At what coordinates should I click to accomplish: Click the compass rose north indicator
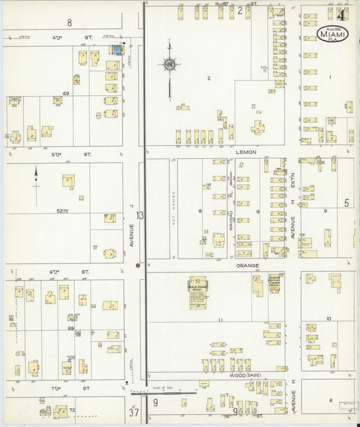coord(170,64)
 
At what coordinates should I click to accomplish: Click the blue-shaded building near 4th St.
coord(118,50)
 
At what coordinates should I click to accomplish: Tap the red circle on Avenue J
coord(138,266)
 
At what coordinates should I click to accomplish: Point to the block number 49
coord(66,93)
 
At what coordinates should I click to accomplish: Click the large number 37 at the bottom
coord(134,411)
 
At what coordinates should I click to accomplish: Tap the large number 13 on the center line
coord(140,216)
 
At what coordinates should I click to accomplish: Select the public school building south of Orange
coord(198,293)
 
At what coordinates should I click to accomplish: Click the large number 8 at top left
coord(70,22)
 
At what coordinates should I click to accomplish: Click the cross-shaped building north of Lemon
coord(257,127)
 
